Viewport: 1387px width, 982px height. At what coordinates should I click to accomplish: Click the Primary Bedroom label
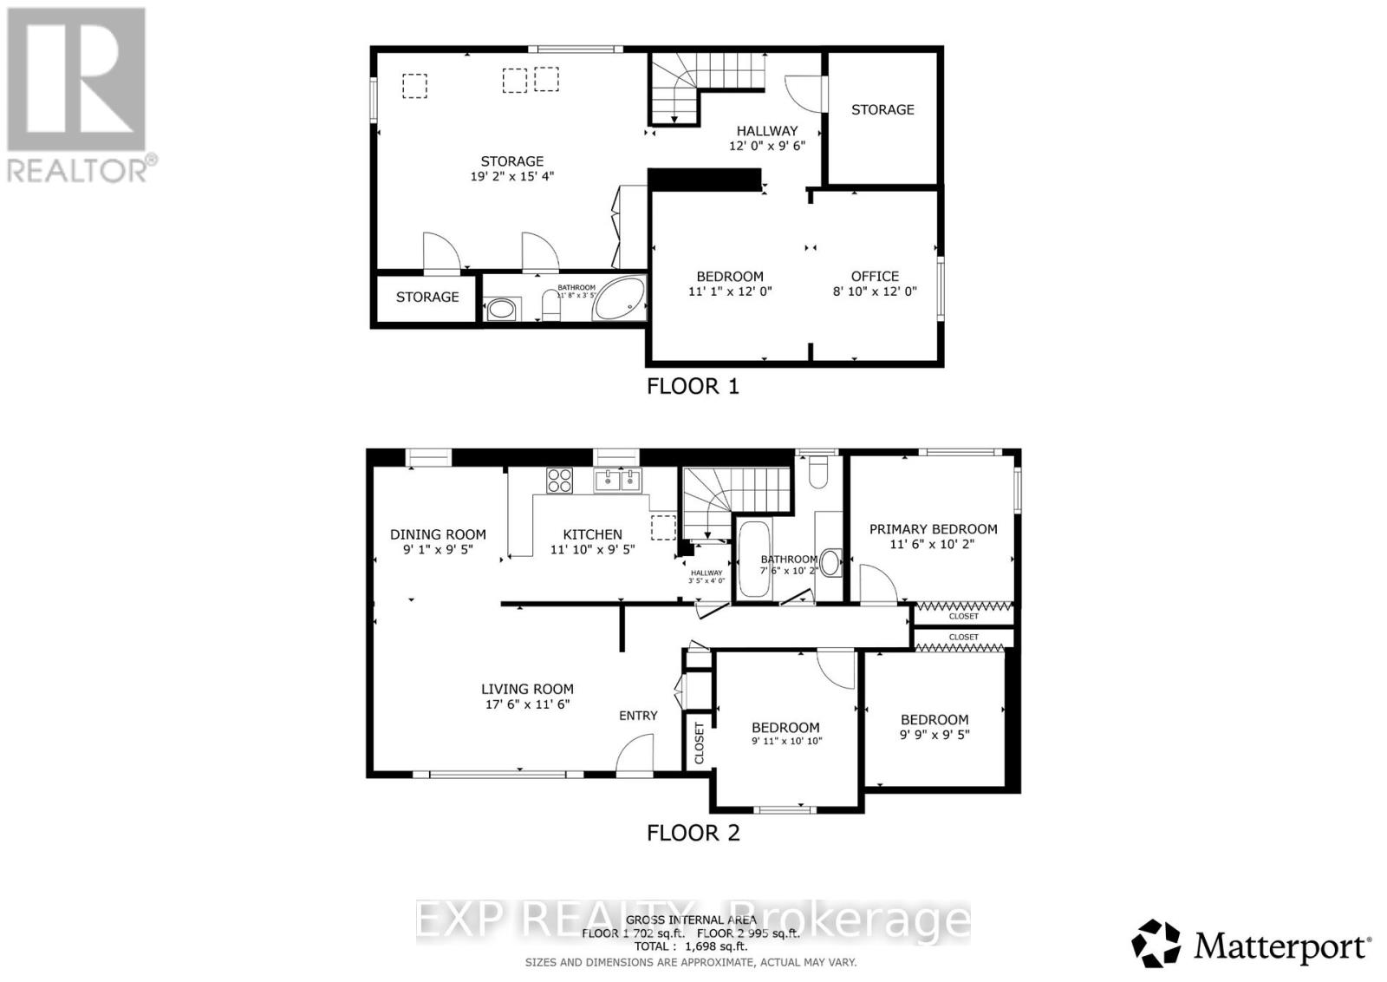pyautogui.click(x=933, y=529)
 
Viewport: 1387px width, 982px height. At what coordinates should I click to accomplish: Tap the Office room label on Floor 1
pyautogui.click(x=874, y=276)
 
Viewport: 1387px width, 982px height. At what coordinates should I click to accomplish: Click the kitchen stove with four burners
pyautogui.click(x=559, y=480)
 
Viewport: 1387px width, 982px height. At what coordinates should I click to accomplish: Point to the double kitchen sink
pyautogui.click(x=617, y=480)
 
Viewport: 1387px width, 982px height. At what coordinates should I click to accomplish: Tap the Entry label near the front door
pyautogui.click(x=638, y=716)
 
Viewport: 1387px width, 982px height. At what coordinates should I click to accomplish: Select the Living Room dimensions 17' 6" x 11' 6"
pyautogui.click(x=527, y=704)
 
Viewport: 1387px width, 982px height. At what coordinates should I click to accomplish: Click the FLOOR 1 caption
pyautogui.click(x=693, y=386)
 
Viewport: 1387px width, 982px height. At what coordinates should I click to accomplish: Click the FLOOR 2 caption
pyautogui.click(x=693, y=833)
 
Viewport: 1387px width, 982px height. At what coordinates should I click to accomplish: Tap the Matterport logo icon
pyautogui.click(x=1156, y=943)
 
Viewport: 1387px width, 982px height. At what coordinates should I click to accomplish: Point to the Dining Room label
pyautogui.click(x=438, y=534)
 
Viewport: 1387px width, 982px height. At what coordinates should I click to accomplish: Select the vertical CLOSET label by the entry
pyautogui.click(x=700, y=743)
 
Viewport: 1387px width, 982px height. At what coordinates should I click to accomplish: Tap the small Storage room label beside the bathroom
pyautogui.click(x=427, y=297)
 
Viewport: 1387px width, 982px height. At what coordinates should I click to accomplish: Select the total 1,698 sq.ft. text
pyautogui.click(x=691, y=946)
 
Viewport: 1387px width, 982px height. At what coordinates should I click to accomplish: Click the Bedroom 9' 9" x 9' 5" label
pyautogui.click(x=934, y=727)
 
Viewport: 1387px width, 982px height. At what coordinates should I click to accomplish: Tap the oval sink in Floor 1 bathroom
pyautogui.click(x=500, y=309)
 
